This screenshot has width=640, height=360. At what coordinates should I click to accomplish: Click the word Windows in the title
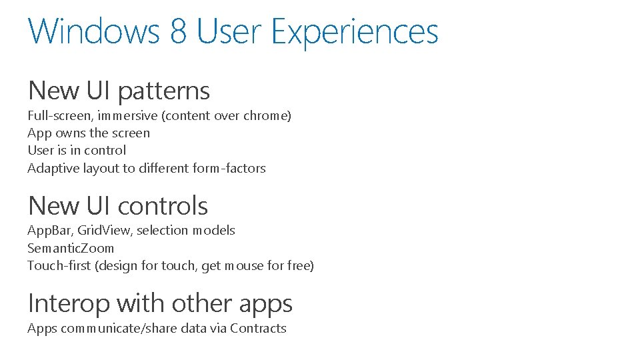(x=94, y=31)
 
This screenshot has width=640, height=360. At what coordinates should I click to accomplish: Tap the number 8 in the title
(x=179, y=31)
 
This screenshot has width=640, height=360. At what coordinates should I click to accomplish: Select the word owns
(x=70, y=133)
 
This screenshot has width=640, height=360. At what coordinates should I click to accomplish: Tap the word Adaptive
(x=53, y=169)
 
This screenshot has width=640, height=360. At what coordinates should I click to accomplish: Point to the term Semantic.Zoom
(x=71, y=249)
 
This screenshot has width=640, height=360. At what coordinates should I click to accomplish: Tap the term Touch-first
(x=60, y=266)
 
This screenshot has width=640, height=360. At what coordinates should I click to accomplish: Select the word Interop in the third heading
(x=69, y=304)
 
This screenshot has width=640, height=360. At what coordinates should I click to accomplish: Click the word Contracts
(x=258, y=329)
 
